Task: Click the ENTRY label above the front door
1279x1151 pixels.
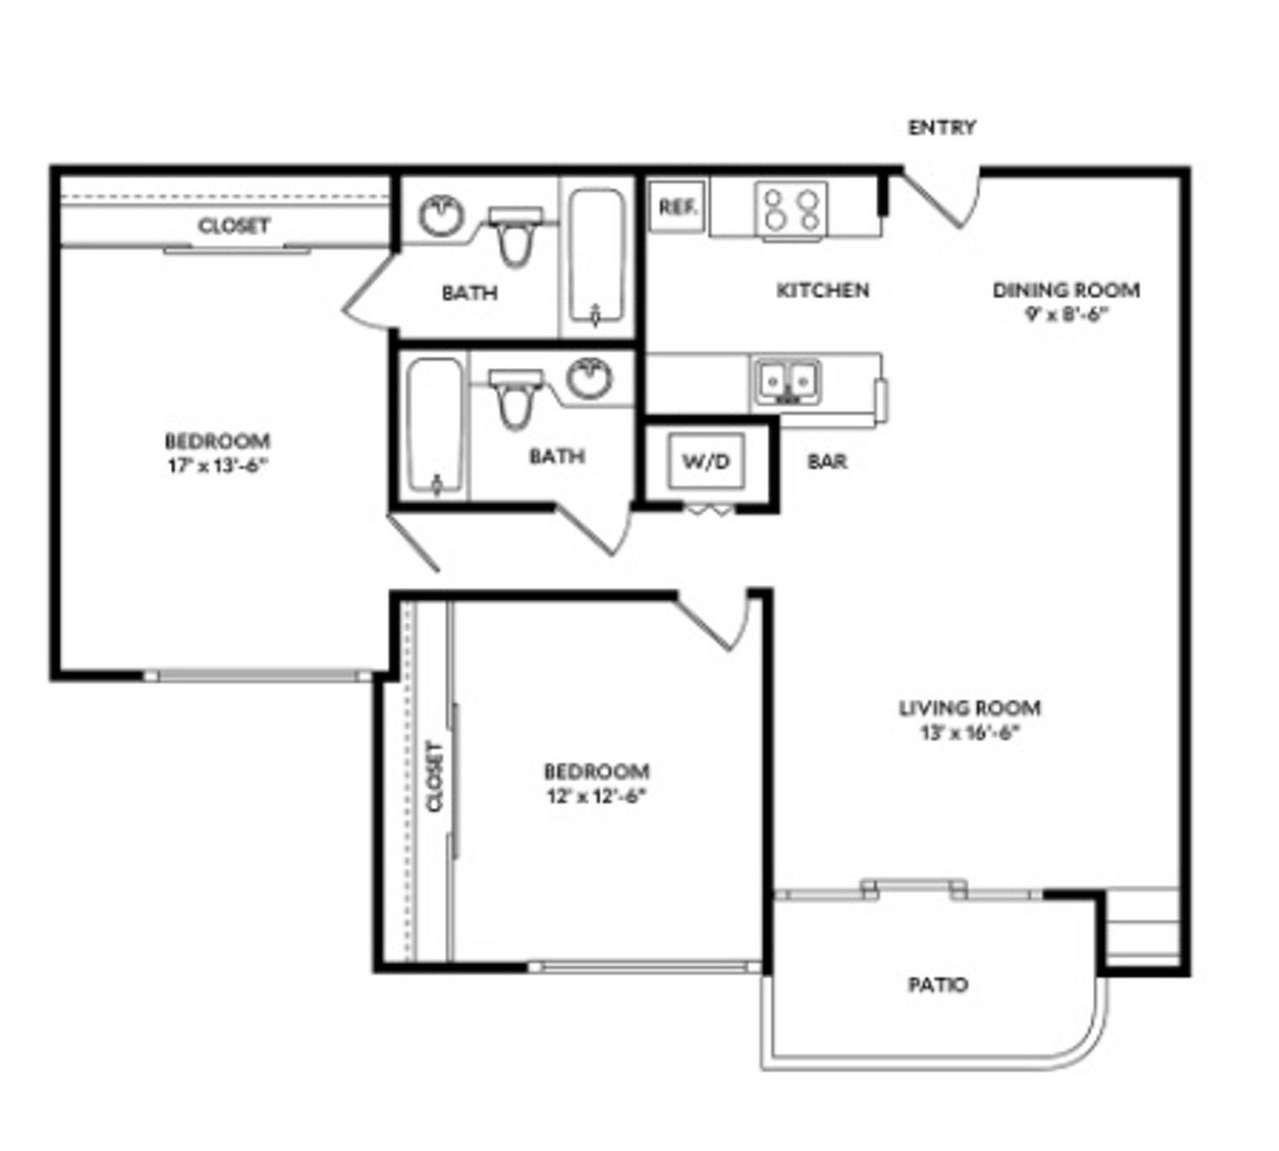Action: [942, 127]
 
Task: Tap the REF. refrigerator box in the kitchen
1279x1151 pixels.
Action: [677, 207]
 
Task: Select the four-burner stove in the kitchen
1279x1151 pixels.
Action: [791, 210]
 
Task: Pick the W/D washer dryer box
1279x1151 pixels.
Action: [706, 461]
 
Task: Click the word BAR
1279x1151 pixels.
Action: [827, 461]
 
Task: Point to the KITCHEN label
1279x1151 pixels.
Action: [822, 290]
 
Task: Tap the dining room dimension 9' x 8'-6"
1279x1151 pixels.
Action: [1064, 315]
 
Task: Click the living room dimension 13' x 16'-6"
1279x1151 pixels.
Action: [969, 733]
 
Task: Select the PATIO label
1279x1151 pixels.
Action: [937, 984]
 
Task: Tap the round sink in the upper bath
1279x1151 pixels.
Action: [441, 216]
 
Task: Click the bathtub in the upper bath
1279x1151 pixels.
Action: [597, 256]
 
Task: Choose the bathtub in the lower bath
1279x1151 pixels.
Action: [435, 426]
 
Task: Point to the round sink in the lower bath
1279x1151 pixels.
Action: [589, 378]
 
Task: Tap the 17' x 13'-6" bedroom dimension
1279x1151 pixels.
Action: [217, 466]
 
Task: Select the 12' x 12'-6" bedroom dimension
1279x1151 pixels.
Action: [596, 796]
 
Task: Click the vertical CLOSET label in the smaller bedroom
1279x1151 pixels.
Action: [434, 776]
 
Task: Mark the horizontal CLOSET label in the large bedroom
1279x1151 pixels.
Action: [234, 226]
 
